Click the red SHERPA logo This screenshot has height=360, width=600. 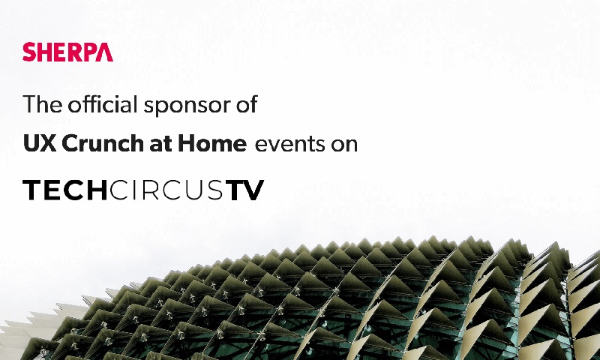[x=67, y=52]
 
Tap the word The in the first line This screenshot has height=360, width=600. [x=42, y=104]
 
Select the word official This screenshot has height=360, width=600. [x=102, y=104]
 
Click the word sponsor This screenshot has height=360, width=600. [x=186, y=106]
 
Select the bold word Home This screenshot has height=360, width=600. [x=212, y=143]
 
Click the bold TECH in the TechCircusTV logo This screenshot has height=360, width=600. [x=65, y=190]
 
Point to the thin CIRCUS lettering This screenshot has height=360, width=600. [x=166, y=190]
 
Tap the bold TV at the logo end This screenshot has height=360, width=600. [x=244, y=190]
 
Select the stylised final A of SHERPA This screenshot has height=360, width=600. [x=104, y=52]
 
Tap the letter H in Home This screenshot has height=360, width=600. [x=186, y=143]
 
